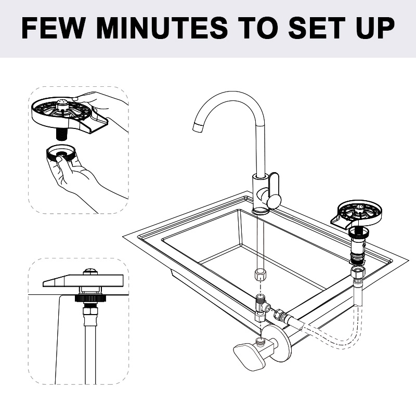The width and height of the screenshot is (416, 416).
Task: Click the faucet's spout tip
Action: pyautogui.click(x=198, y=127)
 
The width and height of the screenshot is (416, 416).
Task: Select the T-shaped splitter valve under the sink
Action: pyautogui.click(x=262, y=308)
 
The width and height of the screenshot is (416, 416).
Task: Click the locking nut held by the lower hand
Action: pyautogui.click(x=61, y=153)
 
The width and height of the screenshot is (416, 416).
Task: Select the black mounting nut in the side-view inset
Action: pyautogui.click(x=90, y=298)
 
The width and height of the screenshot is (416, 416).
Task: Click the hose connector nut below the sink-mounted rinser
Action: pyautogui.click(x=358, y=274)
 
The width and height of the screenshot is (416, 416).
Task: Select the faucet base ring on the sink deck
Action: pyautogui.click(x=261, y=211)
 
